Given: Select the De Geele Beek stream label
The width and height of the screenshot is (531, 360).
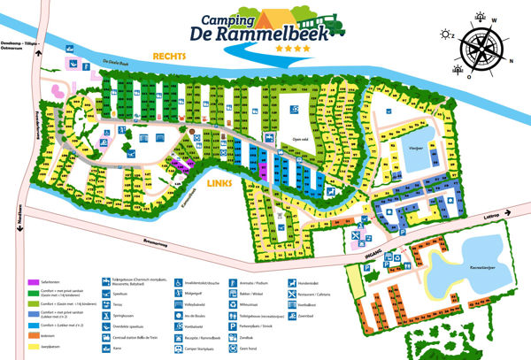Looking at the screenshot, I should pos(118,63).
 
